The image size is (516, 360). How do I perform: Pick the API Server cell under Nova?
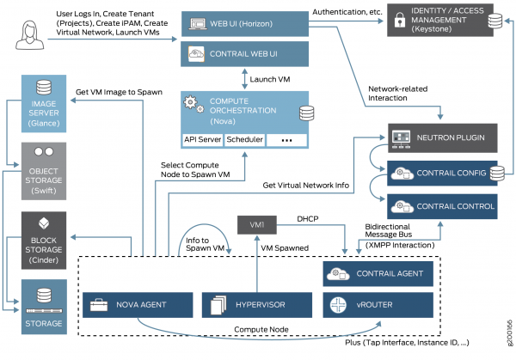[x=203, y=139]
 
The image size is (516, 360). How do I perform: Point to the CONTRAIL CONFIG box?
[x=439, y=173]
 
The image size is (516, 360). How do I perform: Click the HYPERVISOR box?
[x=255, y=305]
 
